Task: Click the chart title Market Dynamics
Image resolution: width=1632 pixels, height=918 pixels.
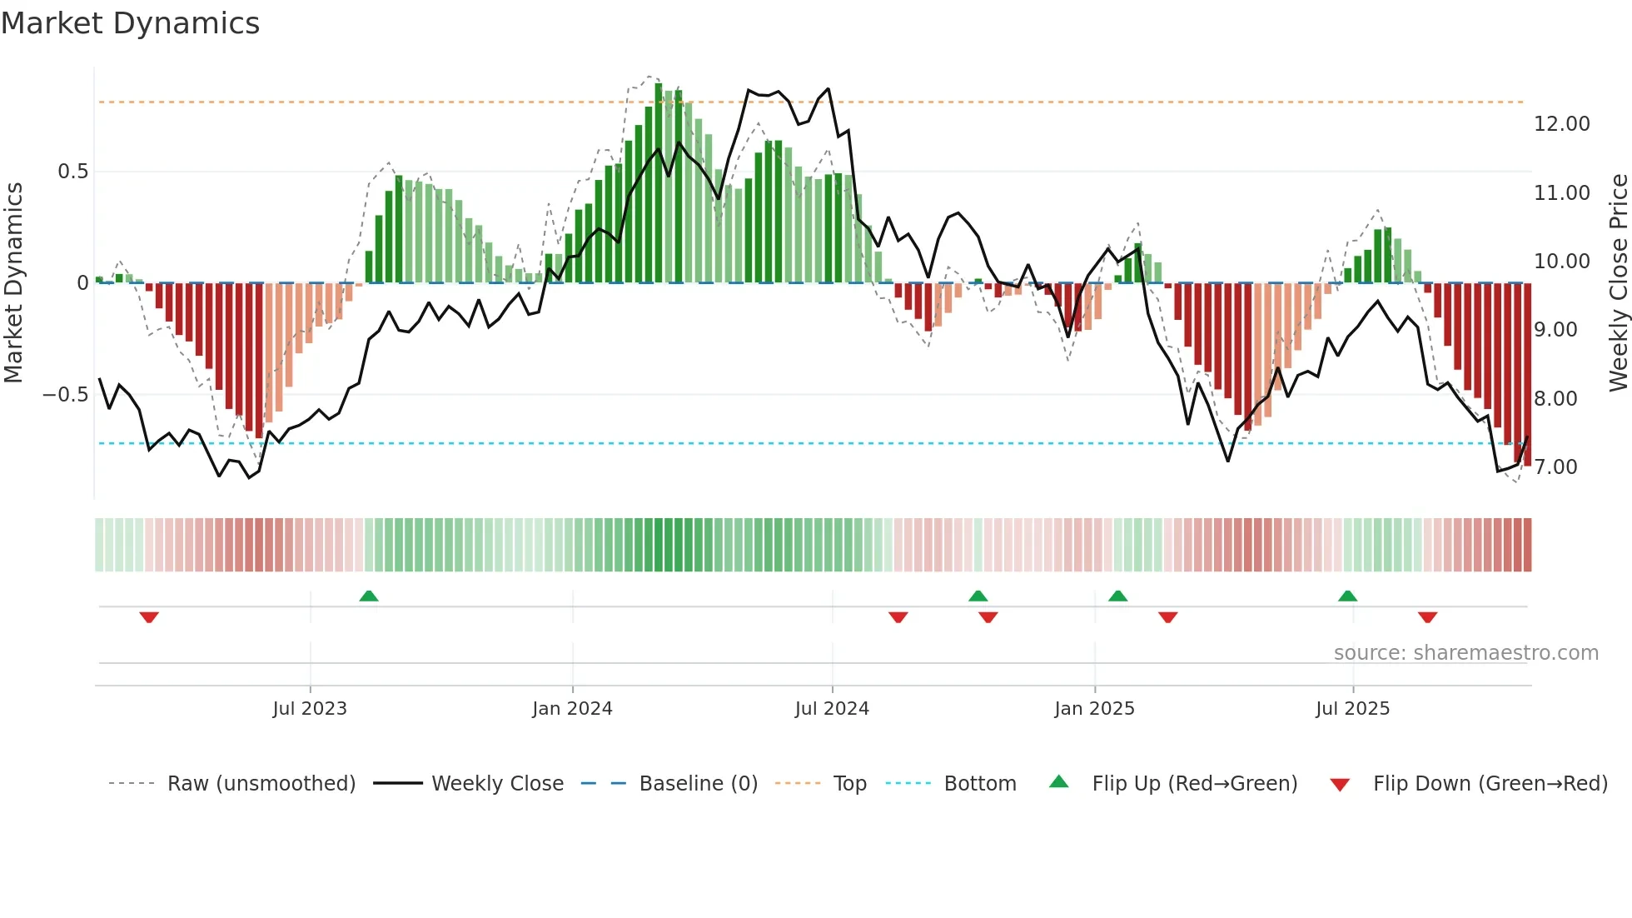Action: pos(130,23)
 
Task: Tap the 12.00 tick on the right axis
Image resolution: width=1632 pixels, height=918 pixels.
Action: pos(1561,124)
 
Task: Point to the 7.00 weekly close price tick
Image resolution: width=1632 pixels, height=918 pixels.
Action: pos(1555,467)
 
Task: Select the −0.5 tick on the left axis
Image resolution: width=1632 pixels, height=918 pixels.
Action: pos(65,395)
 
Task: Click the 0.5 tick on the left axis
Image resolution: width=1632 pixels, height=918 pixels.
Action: pos(72,172)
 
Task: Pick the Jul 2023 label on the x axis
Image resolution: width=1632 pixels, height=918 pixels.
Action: pos(310,709)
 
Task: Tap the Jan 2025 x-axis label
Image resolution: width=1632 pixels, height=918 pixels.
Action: pos(1094,709)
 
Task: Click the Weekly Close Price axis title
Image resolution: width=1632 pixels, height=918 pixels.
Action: pos(1618,283)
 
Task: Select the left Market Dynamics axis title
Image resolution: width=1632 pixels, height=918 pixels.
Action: pos(13,283)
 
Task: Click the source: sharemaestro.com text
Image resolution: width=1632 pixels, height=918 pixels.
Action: pos(1465,653)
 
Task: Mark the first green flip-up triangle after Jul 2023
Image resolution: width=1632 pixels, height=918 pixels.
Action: pos(369,596)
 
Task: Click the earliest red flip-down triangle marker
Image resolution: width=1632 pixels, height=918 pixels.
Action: pos(149,617)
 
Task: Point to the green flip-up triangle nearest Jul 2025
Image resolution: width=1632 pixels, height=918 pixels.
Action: pos(1347,596)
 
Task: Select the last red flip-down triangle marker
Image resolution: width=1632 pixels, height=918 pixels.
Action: pos(1427,617)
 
